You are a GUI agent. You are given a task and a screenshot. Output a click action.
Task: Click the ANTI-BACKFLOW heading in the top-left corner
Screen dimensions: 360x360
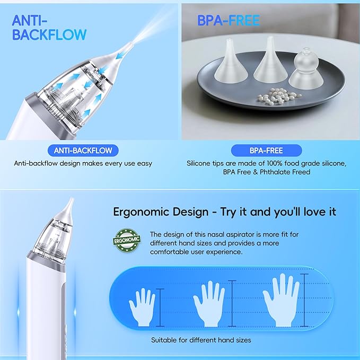[49, 28]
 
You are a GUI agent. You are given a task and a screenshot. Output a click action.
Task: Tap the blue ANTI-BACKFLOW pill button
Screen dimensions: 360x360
[83, 150]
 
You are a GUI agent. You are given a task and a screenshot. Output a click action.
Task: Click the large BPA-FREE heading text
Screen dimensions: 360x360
[229, 21]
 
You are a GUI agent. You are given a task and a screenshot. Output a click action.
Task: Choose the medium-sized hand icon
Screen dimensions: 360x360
[209, 302]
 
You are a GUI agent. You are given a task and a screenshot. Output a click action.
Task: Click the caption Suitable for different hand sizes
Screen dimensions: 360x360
[201, 340]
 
